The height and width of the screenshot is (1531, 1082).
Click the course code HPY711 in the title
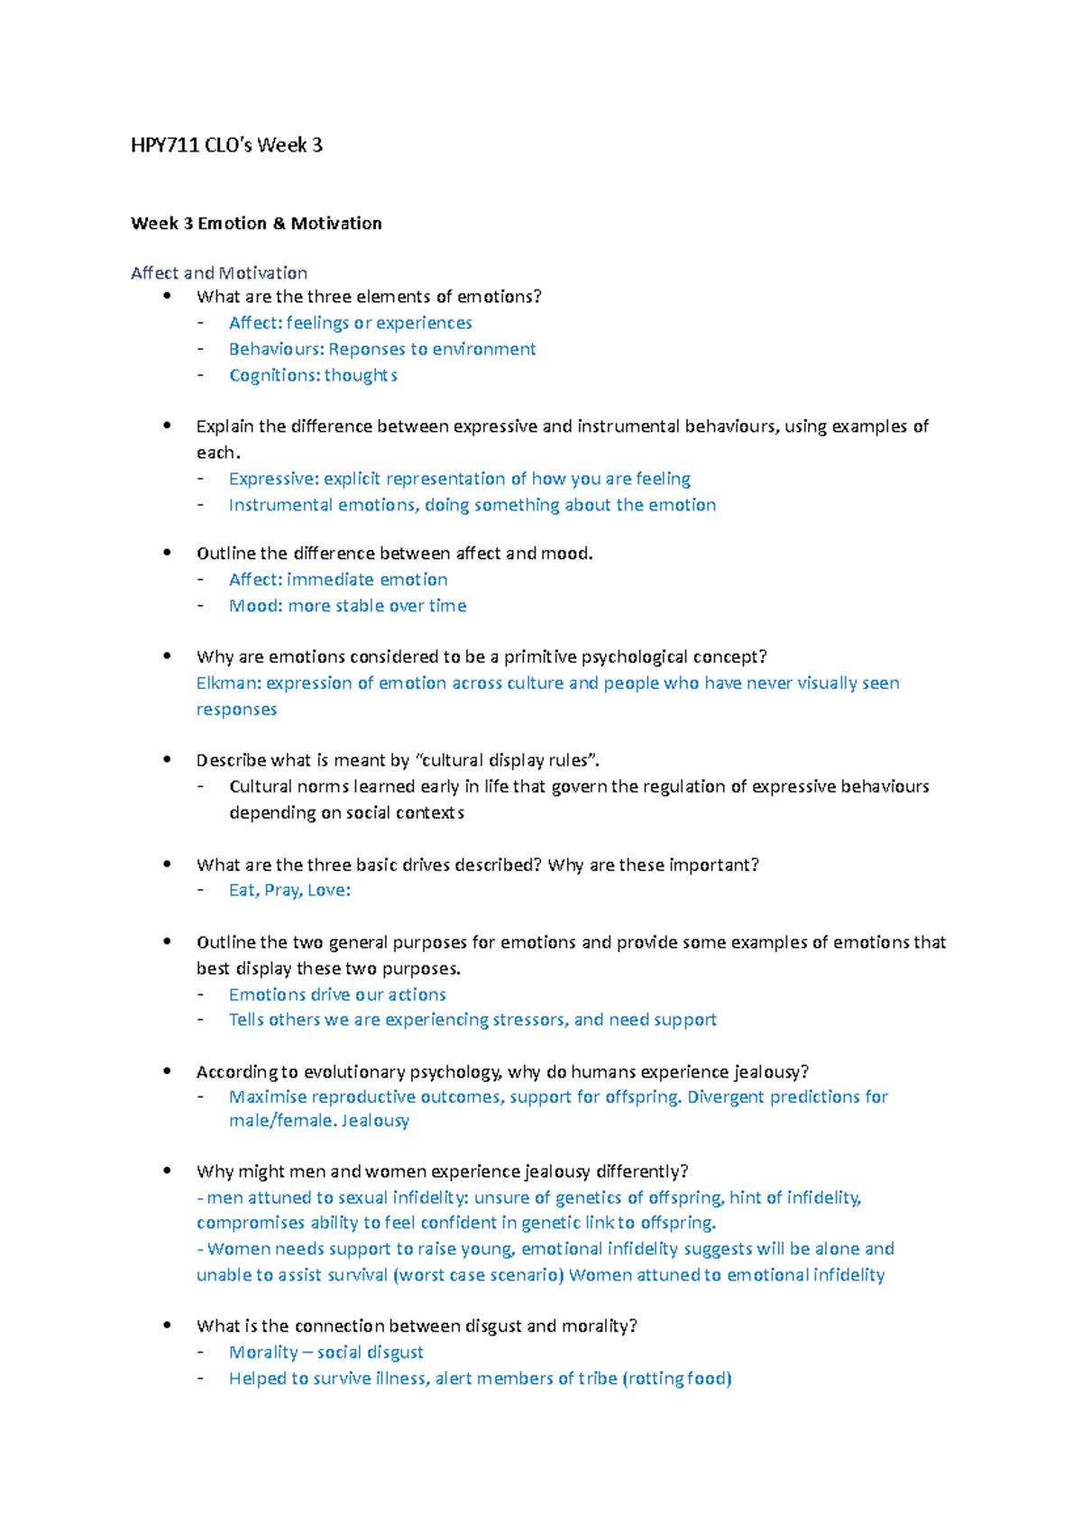click(164, 145)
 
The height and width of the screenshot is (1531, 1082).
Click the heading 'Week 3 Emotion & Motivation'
click(256, 224)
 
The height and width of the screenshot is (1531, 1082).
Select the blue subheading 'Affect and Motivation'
click(219, 273)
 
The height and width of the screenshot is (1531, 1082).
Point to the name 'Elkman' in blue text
click(227, 683)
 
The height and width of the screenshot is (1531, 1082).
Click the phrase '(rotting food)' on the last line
click(677, 1379)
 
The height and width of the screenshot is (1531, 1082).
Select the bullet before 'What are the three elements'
click(167, 296)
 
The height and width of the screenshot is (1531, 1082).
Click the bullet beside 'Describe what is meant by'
click(167, 759)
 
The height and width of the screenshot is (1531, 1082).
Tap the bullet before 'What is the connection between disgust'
click(167, 1325)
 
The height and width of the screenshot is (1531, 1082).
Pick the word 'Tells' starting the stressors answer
click(246, 1020)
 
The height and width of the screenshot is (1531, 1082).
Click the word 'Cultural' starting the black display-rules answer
click(260, 787)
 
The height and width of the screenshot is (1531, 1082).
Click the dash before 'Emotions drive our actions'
click(201, 995)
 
